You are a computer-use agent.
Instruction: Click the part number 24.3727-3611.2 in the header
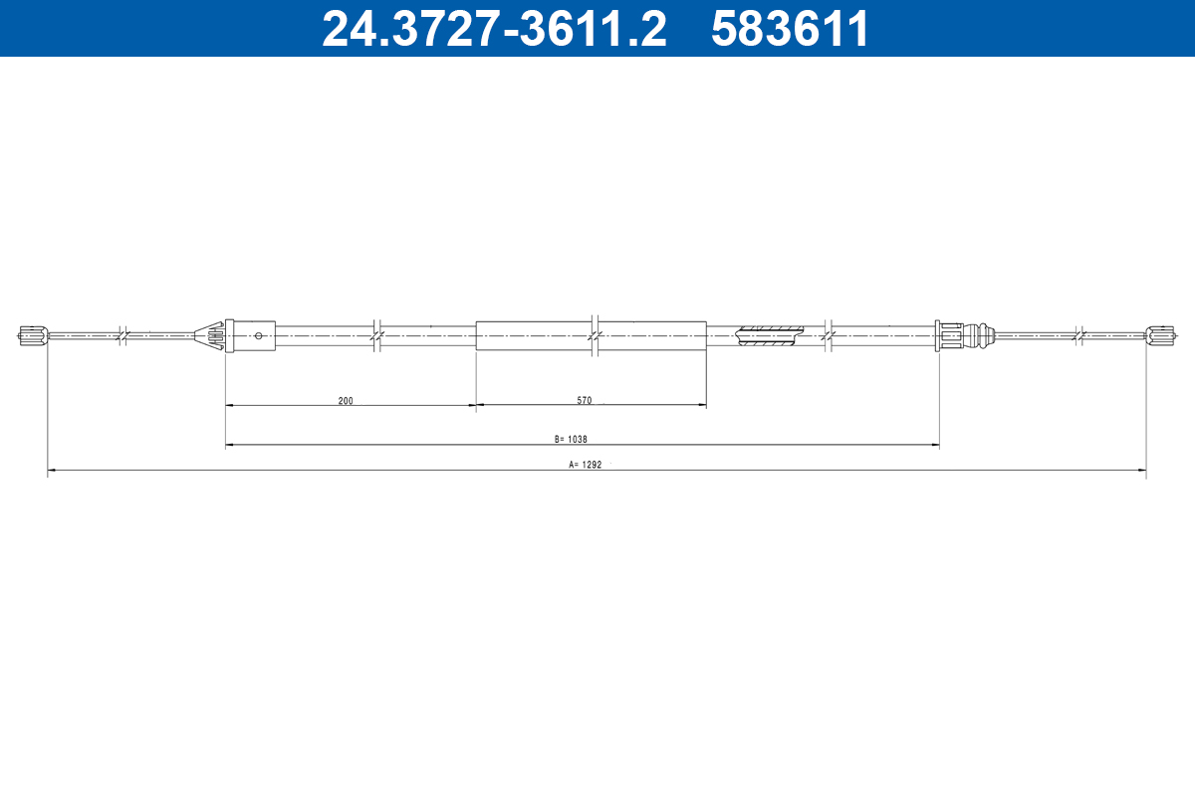click(494, 28)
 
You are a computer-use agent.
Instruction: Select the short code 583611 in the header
click(790, 28)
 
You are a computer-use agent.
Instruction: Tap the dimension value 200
click(346, 401)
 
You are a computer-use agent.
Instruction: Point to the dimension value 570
click(585, 401)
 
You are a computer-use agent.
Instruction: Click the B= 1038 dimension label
click(573, 439)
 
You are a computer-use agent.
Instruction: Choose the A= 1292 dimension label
click(586, 464)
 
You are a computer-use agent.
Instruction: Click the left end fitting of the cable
click(33, 336)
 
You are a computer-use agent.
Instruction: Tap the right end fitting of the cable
click(1159, 336)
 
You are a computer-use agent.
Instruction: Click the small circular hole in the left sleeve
click(259, 336)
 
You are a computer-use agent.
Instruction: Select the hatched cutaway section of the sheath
click(769, 336)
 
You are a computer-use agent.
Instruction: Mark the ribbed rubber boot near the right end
click(982, 336)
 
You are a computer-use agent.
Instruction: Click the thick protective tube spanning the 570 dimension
click(591, 336)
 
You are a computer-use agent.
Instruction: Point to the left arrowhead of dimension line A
click(52, 470)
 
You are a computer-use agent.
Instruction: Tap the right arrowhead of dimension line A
click(1141, 470)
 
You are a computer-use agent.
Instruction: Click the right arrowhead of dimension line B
click(934, 445)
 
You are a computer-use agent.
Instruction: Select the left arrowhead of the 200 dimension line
click(230, 406)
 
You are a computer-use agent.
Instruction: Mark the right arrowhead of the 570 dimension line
click(701, 406)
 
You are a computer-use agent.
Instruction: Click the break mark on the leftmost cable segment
click(120, 336)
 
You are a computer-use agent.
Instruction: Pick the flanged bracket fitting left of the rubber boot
click(948, 336)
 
